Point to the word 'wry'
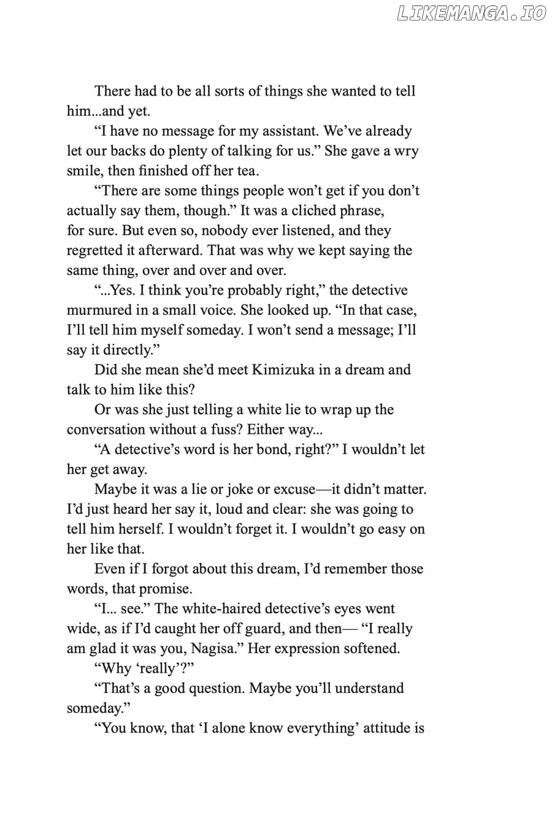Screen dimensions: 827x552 406,151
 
